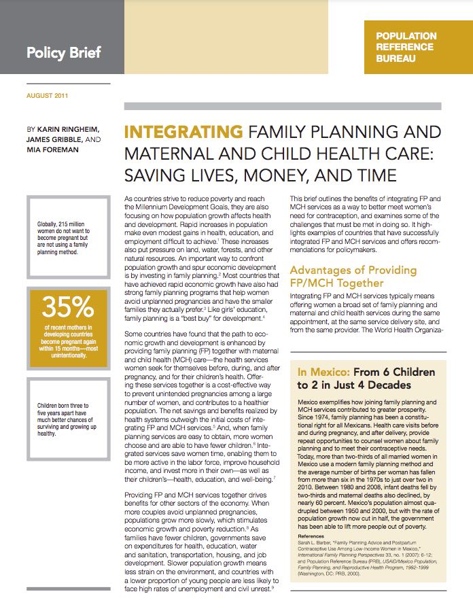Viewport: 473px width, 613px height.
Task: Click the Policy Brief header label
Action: click(63, 52)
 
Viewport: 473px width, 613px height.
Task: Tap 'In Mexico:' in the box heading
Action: click(322, 372)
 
